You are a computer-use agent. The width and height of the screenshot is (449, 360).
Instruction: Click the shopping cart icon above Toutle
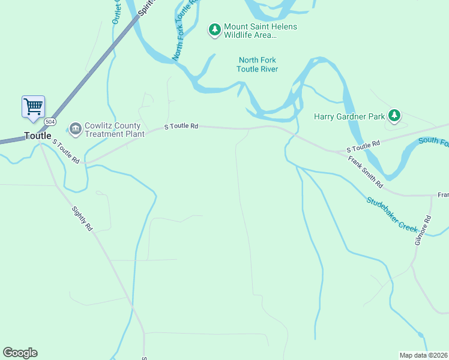(34, 107)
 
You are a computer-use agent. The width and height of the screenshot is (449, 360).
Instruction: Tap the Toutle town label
(37, 136)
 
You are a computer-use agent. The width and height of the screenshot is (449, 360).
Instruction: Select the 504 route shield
(50, 122)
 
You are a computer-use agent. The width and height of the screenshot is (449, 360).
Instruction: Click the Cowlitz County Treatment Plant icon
(75, 127)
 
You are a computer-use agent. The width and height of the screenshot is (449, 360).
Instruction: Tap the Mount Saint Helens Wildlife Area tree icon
(214, 29)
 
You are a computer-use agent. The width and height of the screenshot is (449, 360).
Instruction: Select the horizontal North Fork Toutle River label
(258, 64)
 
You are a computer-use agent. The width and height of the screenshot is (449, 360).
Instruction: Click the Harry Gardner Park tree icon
(394, 115)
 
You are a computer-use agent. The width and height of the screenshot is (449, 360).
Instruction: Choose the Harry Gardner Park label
(349, 116)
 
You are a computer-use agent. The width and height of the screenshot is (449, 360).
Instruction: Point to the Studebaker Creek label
(392, 214)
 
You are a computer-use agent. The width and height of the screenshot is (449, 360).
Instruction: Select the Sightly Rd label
(82, 220)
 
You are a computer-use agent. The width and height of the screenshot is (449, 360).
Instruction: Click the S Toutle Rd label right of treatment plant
(181, 127)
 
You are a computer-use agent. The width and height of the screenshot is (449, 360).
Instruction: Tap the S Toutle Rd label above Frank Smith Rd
(363, 144)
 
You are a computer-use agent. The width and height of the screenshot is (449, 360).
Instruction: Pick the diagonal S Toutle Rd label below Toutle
(65, 152)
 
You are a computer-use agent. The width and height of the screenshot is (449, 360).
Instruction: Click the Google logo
(20, 353)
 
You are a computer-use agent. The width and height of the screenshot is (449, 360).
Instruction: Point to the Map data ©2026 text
(423, 355)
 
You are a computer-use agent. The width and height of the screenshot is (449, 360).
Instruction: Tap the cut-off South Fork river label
(433, 142)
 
